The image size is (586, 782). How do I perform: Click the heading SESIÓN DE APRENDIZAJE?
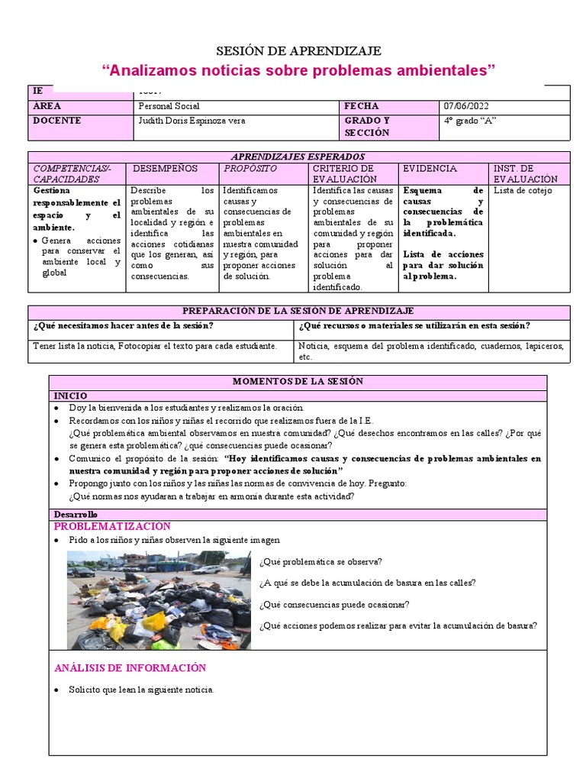pos(298,51)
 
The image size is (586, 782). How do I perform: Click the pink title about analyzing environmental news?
pos(298,71)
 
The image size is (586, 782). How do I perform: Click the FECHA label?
pos(361,107)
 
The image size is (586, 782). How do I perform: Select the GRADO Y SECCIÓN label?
pos(367,127)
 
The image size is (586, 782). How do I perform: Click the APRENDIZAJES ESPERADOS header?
pos(298,157)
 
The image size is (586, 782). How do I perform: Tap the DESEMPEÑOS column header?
pos(165,168)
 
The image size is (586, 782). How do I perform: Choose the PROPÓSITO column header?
pos(250,168)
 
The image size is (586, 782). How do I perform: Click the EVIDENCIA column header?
pos(430,168)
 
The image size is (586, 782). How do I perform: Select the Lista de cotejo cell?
pos(523,191)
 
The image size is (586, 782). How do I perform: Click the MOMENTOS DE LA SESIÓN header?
pos(298,381)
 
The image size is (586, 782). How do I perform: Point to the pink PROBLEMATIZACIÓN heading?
pos(112,527)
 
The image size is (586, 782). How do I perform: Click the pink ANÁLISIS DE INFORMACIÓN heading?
pos(130,667)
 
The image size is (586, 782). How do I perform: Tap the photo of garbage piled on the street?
pos(158,600)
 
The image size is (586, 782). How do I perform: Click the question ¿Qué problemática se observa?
pos(320,562)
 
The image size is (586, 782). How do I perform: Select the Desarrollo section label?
pos(76,515)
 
